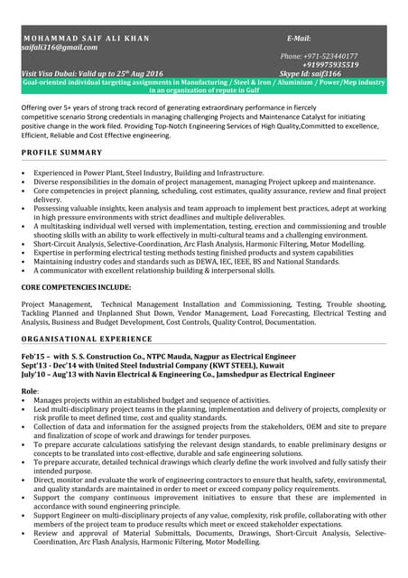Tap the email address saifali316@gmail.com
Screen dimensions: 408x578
60,47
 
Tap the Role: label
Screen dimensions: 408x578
30,389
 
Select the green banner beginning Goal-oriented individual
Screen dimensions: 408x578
204,86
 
